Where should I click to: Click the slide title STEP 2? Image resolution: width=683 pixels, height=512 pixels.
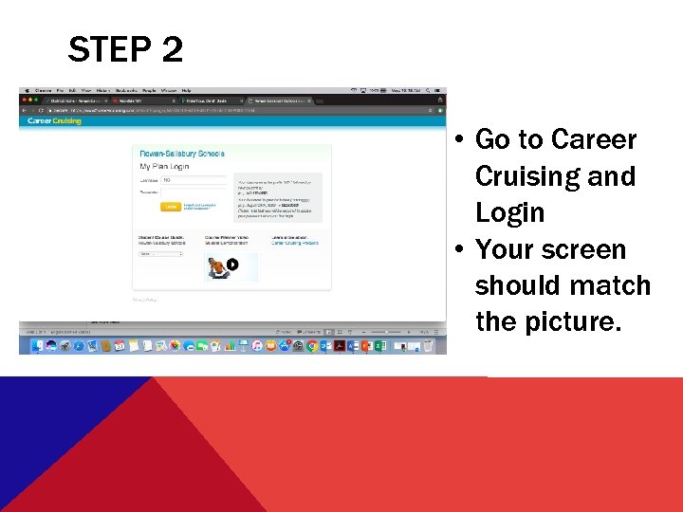click(125, 49)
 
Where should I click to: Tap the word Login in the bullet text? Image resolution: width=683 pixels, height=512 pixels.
click(509, 212)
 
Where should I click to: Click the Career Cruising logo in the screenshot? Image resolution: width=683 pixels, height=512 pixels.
click(54, 121)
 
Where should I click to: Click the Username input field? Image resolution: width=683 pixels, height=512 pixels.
click(194, 179)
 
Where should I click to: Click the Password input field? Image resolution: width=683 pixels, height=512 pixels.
click(194, 192)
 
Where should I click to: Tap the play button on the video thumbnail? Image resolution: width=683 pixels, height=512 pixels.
click(231, 265)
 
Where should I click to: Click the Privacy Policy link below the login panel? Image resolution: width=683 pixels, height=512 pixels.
click(145, 300)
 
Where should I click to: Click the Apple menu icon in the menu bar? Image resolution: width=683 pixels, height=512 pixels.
click(27, 90)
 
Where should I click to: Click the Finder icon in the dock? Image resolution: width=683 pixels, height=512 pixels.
click(37, 347)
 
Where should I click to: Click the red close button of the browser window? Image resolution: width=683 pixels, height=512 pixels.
click(24, 100)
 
